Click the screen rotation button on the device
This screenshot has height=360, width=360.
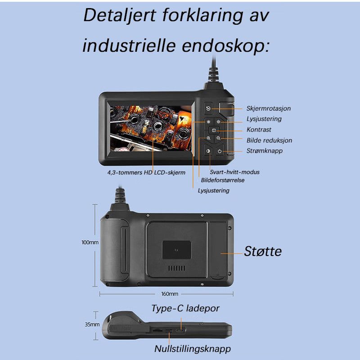click(x=208, y=108)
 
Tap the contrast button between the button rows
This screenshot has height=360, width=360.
click(x=214, y=130)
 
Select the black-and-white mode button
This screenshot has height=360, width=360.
click(x=208, y=151)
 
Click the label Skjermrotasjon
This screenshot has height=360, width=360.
click(x=269, y=108)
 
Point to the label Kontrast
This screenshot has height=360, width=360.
click(x=259, y=130)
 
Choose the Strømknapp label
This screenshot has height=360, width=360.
click(x=265, y=151)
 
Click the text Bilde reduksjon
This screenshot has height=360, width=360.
click(x=269, y=140)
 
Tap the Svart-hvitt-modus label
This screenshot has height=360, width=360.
click(x=234, y=172)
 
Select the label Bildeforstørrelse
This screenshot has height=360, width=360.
click(x=223, y=180)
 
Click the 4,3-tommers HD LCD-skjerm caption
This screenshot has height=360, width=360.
click(x=146, y=172)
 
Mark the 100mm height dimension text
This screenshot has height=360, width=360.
click(x=90, y=242)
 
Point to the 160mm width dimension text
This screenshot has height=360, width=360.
click(x=170, y=294)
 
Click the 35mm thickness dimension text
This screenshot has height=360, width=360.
click(x=92, y=324)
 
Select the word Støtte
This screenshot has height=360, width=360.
click(x=263, y=251)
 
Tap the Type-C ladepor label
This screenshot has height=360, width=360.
click(x=185, y=308)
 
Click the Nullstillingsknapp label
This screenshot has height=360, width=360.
click(x=193, y=348)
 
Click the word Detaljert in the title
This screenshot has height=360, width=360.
click(x=120, y=16)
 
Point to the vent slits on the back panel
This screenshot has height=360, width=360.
click(x=176, y=268)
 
